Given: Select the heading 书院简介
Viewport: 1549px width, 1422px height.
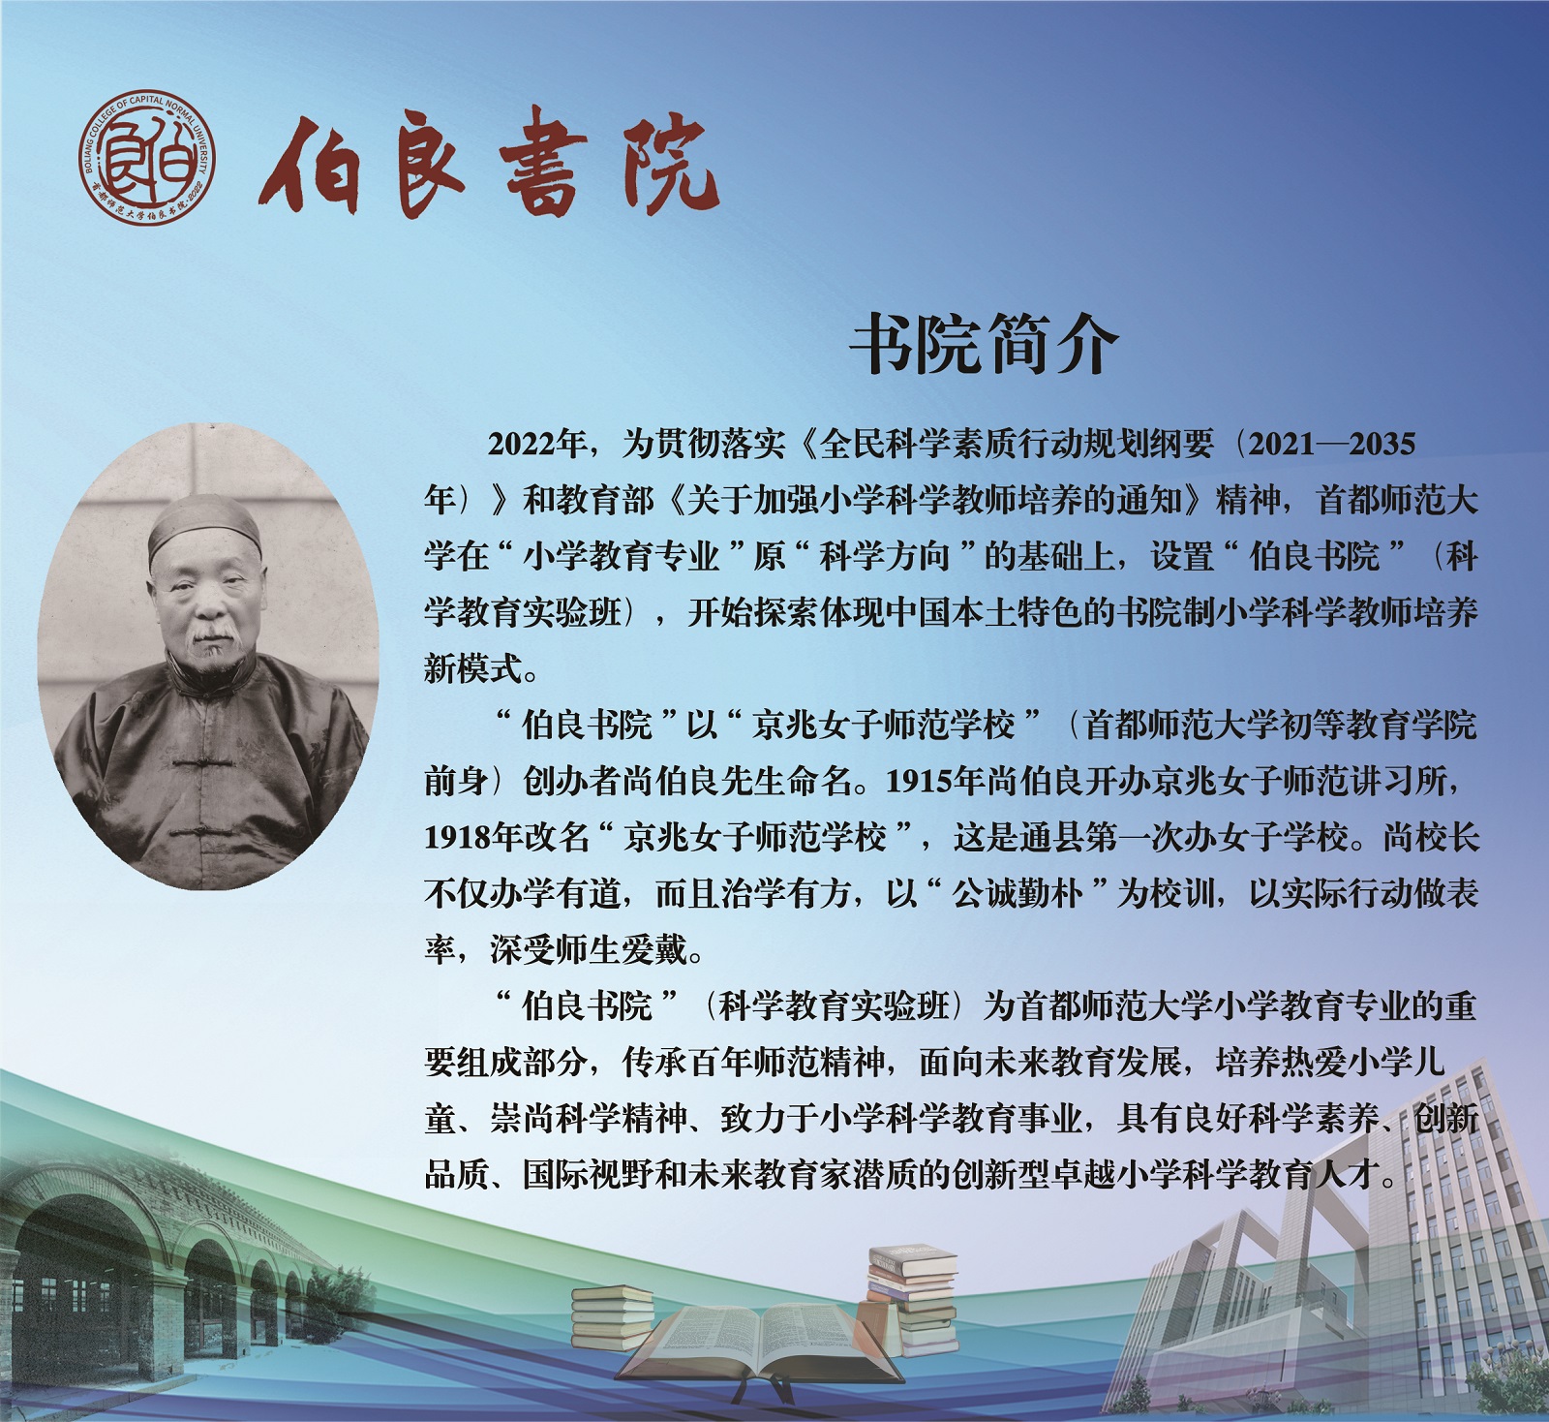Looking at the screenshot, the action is (x=985, y=345).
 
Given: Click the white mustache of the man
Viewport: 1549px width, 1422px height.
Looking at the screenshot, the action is (x=212, y=634).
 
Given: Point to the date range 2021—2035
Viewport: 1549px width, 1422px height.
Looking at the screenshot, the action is (x=1332, y=444).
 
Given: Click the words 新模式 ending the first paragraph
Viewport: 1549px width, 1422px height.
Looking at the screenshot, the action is (x=473, y=668).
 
